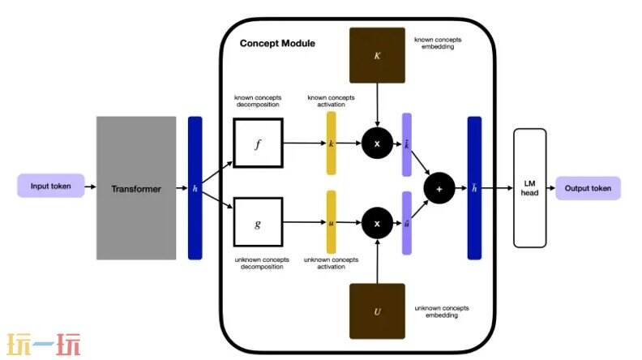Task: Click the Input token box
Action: [50, 187]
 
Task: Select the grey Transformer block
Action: [136, 188]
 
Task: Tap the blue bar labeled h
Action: [195, 188]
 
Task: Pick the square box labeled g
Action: [258, 221]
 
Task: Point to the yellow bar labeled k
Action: [331, 143]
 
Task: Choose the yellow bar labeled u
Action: [331, 221]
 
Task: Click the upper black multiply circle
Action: [377, 143]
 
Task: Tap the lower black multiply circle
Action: [377, 221]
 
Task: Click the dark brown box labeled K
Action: [377, 55]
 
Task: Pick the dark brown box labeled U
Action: [377, 311]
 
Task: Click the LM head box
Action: [530, 187]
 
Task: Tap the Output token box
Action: [588, 188]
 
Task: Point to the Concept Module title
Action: [277, 43]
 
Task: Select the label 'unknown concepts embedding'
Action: [442, 311]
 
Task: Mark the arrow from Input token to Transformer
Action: [90, 188]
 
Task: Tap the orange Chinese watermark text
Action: [44, 345]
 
